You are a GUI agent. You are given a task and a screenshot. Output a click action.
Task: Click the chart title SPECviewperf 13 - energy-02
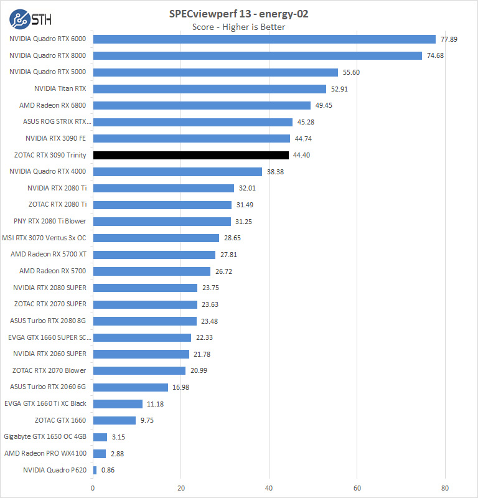239,14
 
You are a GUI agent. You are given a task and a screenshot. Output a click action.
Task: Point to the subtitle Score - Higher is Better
239,27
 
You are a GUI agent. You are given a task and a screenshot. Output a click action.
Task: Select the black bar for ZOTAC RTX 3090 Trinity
191,155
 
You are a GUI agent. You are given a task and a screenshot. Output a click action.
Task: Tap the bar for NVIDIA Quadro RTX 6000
264,39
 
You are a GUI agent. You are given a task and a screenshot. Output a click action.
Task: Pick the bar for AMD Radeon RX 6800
202,105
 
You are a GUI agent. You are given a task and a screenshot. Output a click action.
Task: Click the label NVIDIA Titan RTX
60,88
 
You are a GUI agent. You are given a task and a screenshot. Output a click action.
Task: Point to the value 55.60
351,72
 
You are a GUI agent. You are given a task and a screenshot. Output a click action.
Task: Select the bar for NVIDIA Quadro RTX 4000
177,172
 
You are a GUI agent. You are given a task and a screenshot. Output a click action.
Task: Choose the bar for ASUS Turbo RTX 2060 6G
131,387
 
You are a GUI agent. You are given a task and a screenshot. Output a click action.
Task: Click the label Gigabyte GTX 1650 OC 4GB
45,437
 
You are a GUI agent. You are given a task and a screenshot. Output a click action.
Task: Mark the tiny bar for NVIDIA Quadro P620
95,470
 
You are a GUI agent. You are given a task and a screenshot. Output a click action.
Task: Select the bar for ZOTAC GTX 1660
115,420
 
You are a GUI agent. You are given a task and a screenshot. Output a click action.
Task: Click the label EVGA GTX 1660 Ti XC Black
45,403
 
